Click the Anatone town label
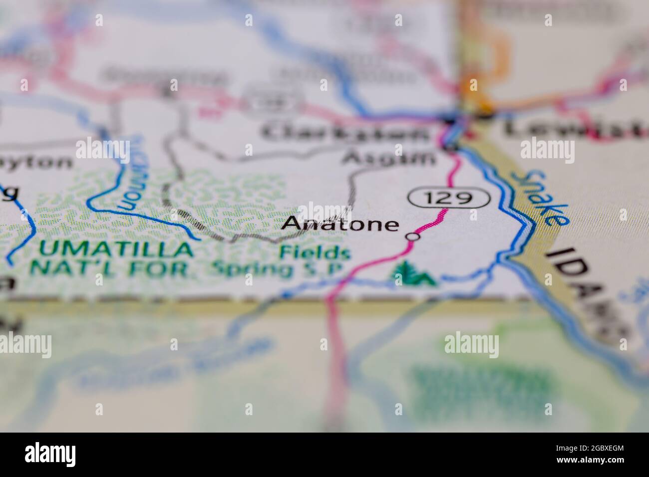point(340,224)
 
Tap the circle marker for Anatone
point(412,237)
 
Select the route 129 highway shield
point(449,198)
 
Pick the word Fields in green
point(315,252)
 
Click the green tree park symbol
point(412,274)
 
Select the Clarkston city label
point(344,133)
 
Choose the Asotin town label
point(389,158)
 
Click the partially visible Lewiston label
point(574,129)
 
